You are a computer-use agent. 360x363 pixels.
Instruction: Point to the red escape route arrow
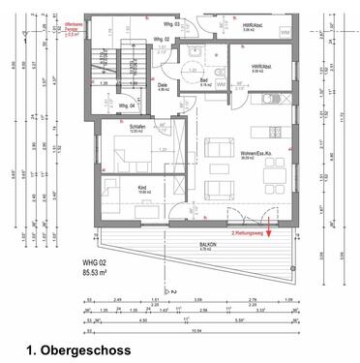pos(270,228)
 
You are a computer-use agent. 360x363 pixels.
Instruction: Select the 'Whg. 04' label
pos(127,105)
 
